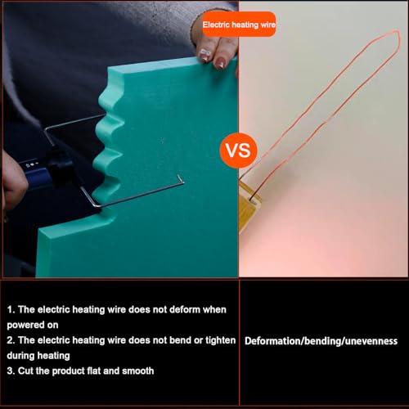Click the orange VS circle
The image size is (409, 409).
239,151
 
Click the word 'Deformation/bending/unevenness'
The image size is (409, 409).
321,340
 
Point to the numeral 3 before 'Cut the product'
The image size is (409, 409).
11,371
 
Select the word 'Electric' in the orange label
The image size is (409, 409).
216,25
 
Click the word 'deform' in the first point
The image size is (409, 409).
155,311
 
